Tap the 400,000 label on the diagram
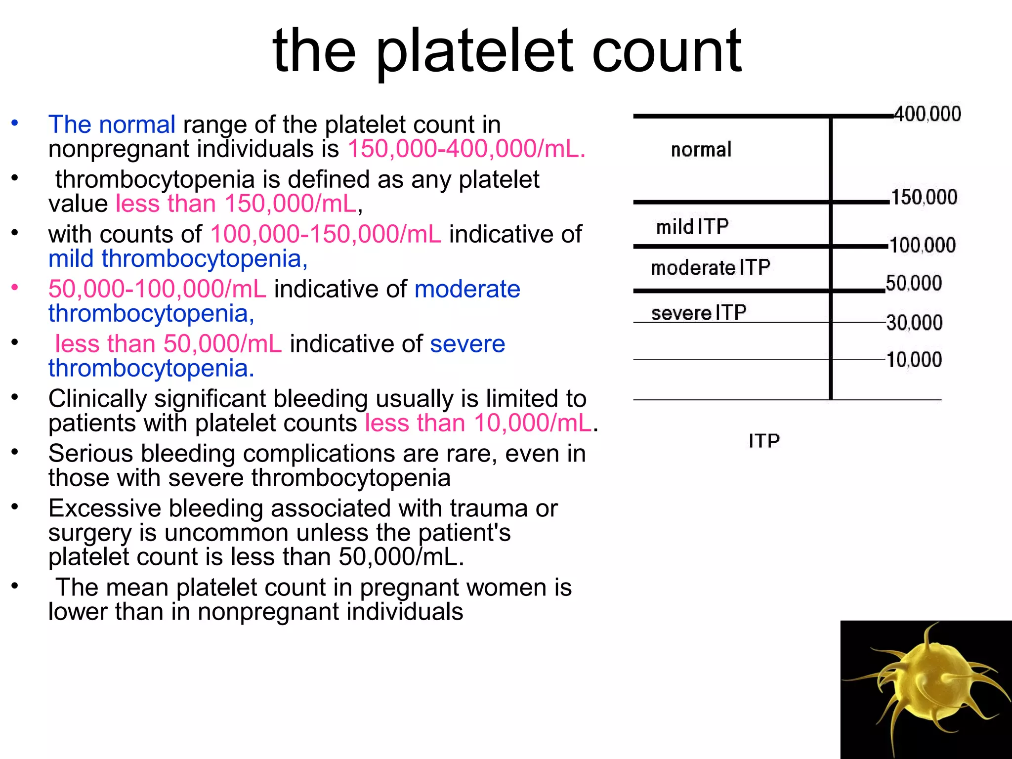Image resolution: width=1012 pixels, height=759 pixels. (928, 114)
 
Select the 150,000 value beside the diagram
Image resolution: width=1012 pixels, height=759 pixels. (924, 197)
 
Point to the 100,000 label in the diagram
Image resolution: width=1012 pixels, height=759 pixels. (923, 245)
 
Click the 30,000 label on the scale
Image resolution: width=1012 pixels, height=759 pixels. (914, 323)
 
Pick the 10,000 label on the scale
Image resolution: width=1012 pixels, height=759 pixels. (914, 360)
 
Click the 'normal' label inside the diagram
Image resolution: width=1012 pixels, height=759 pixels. (701, 150)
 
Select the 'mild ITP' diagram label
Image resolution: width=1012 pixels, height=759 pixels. (692, 227)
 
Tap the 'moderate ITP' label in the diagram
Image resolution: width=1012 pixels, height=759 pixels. (710, 268)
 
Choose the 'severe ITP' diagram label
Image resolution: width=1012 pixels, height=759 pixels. (698, 313)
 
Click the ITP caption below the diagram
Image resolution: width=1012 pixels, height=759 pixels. (764, 441)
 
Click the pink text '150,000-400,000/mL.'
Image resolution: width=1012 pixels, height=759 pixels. (466, 149)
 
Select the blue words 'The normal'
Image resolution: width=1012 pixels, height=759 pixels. (112, 125)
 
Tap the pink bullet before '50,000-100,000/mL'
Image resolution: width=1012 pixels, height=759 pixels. (15, 287)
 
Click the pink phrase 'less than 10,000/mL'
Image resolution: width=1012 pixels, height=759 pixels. (478, 423)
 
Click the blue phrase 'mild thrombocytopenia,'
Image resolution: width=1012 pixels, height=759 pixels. (178, 259)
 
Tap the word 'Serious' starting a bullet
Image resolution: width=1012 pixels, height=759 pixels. (92, 454)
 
